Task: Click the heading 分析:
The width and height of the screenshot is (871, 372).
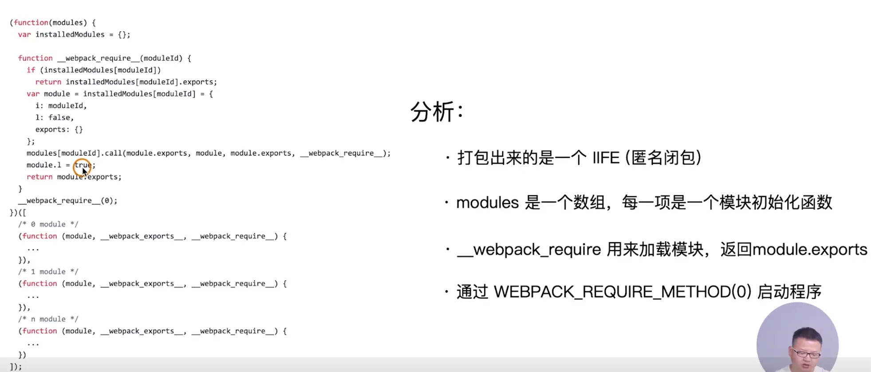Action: click(437, 112)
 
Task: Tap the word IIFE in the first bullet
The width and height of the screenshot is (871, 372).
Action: click(606, 158)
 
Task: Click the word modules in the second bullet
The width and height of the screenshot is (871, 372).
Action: click(487, 203)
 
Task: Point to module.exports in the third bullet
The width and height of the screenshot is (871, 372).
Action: click(810, 250)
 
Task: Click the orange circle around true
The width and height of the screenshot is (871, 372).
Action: click(82, 165)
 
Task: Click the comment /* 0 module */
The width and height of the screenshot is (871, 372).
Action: click(48, 224)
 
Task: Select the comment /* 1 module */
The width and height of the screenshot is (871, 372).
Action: click(48, 272)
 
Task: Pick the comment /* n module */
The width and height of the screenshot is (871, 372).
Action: click(48, 319)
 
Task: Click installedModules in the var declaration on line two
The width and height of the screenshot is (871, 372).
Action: click(70, 35)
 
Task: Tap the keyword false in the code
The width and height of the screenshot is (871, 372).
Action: click(59, 118)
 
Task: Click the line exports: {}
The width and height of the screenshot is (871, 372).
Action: click(59, 130)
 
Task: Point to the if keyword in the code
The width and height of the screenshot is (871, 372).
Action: click(31, 70)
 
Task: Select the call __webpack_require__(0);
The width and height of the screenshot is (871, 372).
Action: click(67, 201)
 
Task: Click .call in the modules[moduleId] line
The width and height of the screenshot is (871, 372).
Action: click(113, 153)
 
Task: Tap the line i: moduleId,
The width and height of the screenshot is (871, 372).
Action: click(61, 106)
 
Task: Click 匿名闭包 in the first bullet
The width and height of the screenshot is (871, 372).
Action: click(663, 158)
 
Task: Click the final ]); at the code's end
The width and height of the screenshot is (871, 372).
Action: click(16, 367)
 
